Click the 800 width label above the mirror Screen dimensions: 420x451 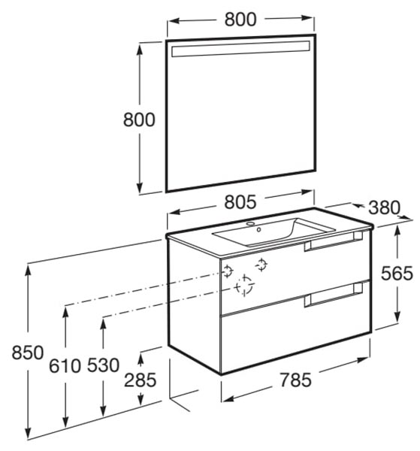click(x=240, y=20)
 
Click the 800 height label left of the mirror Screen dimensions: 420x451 click(x=139, y=120)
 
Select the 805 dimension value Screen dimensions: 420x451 click(x=240, y=201)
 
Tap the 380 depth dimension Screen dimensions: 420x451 click(x=384, y=207)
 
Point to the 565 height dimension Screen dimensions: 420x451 click(x=397, y=274)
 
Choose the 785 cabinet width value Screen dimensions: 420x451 click(x=295, y=380)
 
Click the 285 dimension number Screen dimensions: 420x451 click(x=141, y=380)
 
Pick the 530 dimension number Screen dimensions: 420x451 click(x=103, y=365)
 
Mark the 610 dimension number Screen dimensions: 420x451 click(x=65, y=366)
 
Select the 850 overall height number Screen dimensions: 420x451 click(x=28, y=353)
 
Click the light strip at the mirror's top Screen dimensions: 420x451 click(x=240, y=49)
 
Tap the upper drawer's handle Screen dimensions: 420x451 click(x=334, y=241)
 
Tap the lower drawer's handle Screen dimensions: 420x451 click(x=334, y=295)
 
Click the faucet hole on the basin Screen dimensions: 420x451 click(x=250, y=223)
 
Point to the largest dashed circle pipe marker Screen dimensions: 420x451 click(x=244, y=286)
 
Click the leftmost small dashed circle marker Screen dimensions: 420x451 click(x=228, y=271)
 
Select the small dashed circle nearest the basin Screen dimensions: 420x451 click(x=261, y=265)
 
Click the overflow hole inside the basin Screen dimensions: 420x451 click(x=258, y=229)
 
